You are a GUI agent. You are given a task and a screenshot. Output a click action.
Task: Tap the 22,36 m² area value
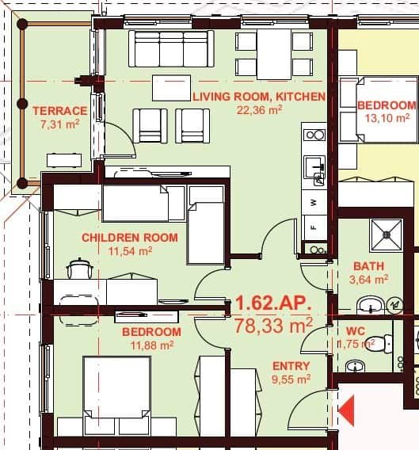click(259, 110)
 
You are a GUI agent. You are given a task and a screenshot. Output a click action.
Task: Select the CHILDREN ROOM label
click(130, 238)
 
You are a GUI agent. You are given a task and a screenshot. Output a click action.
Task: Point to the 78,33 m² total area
click(274, 324)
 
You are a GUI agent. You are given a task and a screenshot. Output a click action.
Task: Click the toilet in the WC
click(382, 345)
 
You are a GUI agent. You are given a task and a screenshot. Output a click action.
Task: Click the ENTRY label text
click(291, 366)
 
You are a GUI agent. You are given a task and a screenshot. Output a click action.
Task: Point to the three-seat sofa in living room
click(171, 48)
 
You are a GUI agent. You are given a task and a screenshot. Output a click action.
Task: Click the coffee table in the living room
click(171, 87)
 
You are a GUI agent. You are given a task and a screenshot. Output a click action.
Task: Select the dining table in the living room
click(274, 53)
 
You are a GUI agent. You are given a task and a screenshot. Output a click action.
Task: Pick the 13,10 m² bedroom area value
click(387, 119)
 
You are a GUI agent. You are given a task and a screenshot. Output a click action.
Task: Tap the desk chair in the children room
click(78, 269)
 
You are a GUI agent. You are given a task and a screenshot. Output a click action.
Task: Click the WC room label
click(355, 330)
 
